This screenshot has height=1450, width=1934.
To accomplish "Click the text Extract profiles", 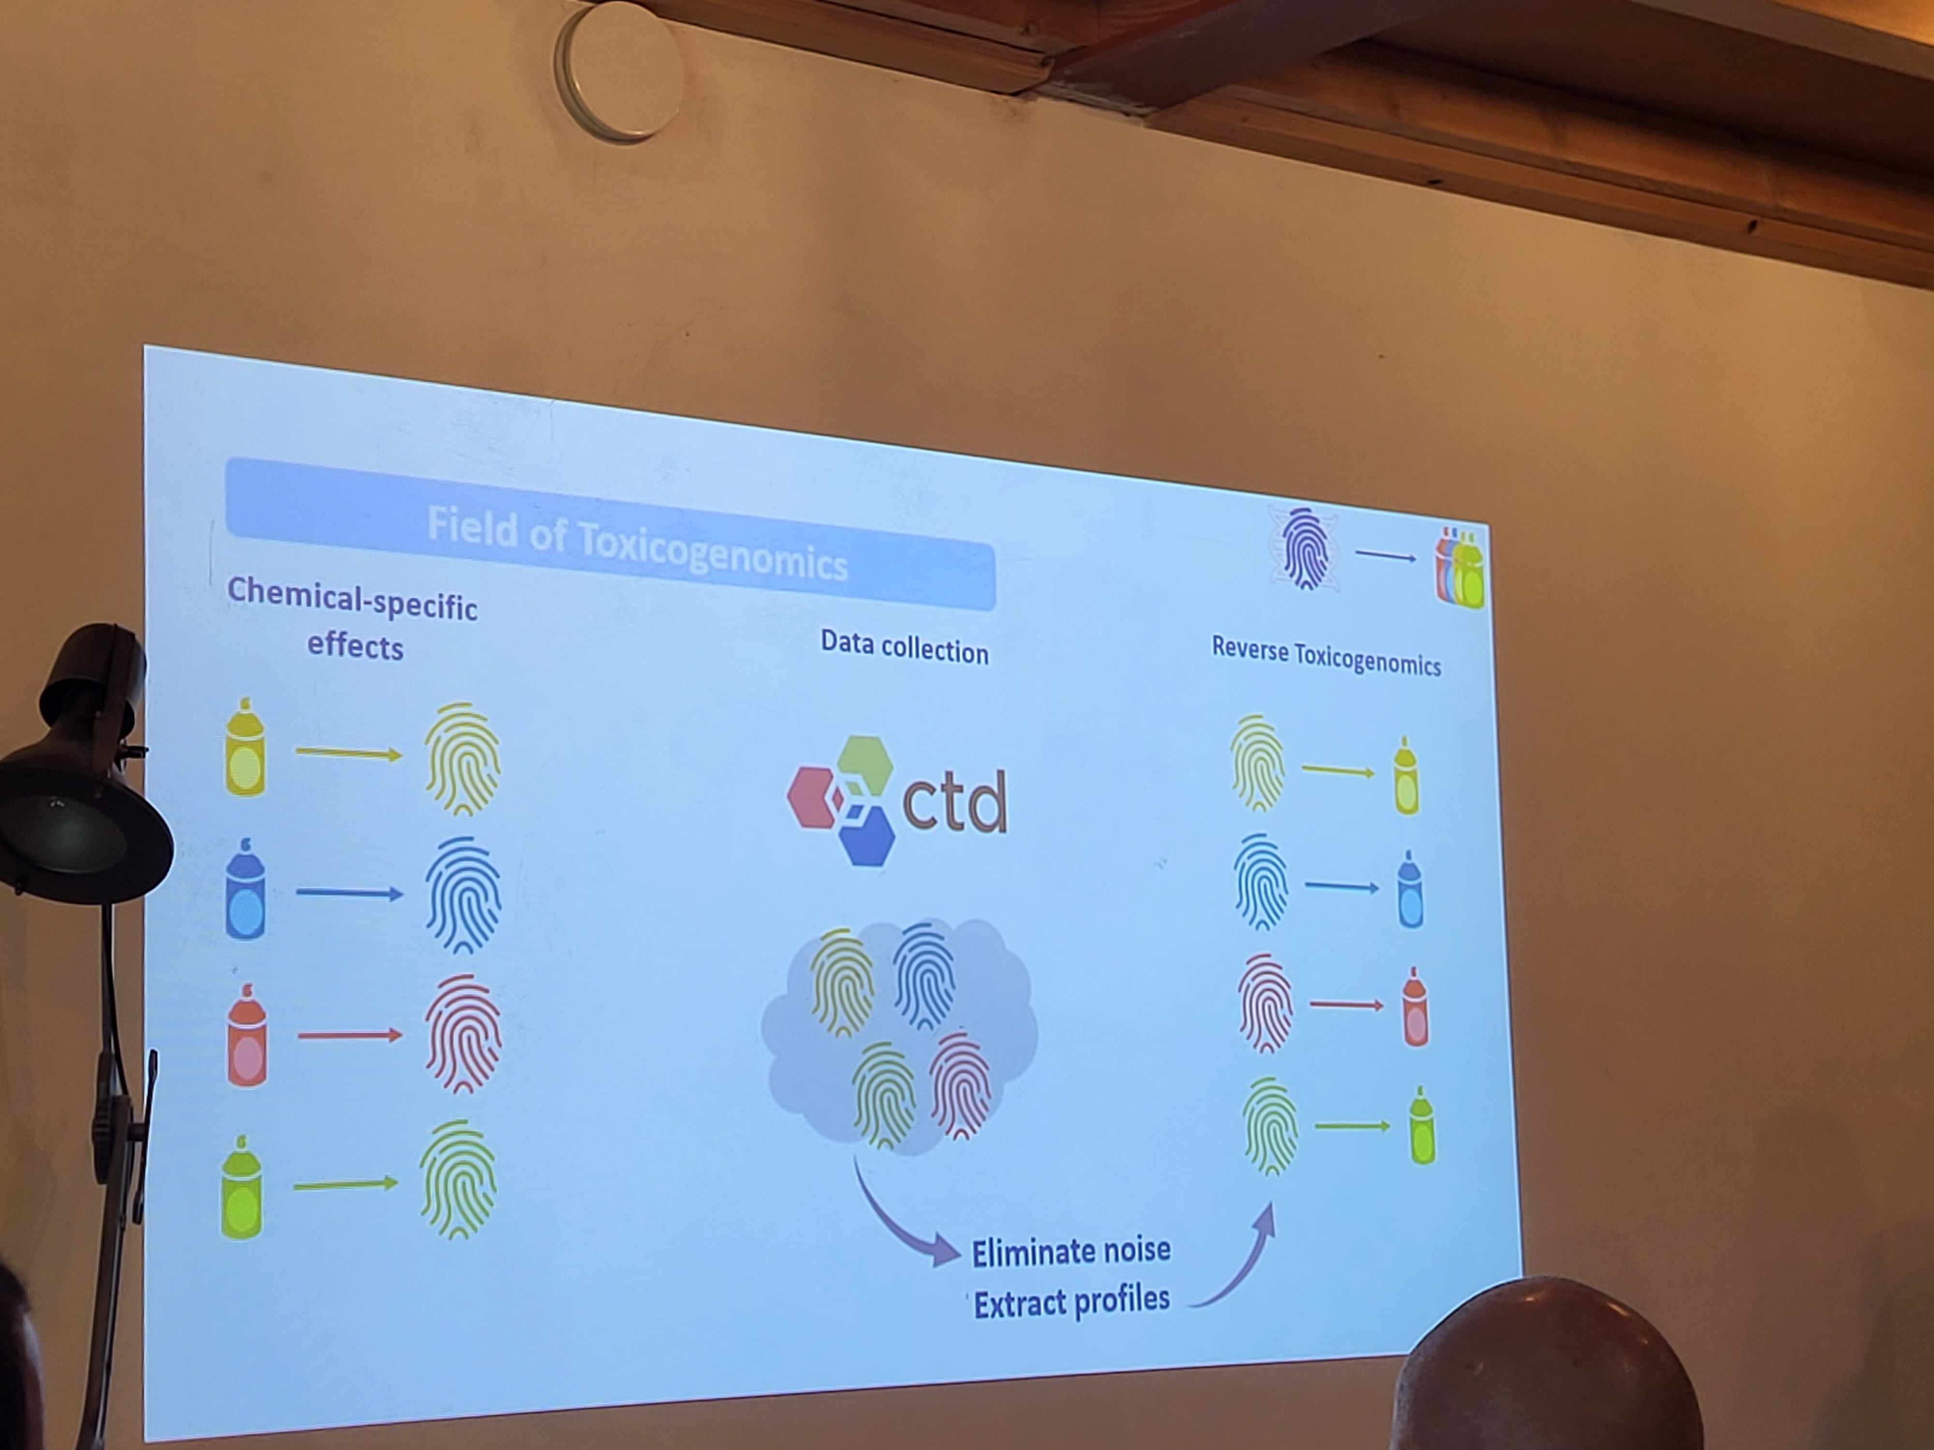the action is coord(1072,1302).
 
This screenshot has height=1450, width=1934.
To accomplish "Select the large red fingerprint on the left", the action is coord(463,1034).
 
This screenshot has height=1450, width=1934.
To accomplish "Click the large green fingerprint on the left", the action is coord(457,1179).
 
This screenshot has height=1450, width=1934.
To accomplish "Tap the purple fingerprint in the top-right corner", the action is coord(1304,550).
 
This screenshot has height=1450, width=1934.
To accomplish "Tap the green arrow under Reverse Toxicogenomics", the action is coord(1352,1126).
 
